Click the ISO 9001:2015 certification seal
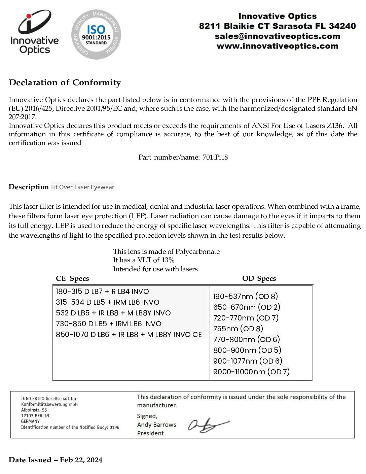[96, 34]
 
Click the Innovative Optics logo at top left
[34, 32]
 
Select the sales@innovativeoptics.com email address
[277, 36]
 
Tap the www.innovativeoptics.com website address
[277, 46]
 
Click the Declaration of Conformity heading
[65, 82]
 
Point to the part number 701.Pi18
[215, 157]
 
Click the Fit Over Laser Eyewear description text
[83, 187]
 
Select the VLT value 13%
[168, 260]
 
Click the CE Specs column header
[72, 278]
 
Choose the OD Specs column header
[259, 278]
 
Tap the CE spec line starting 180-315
[102, 292]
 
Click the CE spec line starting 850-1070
[129, 335]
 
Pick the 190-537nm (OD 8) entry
[246, 296]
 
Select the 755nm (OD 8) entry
[238, 329]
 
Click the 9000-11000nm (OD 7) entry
[251, 372]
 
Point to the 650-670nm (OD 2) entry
[247, 307]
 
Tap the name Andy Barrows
[156, 425]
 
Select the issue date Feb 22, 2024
[81, 460]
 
